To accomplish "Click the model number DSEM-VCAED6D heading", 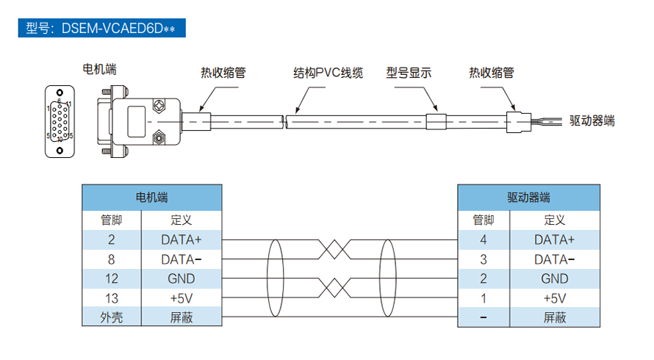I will point(100,29).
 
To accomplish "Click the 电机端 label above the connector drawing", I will point(100,69).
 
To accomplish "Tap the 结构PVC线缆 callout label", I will point(328,73).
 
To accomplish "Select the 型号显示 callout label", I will point(409,73).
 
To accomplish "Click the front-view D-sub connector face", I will point(60,120).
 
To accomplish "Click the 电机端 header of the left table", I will point(151,198).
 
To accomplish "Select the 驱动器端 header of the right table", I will point(529,198).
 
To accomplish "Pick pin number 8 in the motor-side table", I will point(111,259).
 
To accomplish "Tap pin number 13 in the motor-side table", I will point(111,298).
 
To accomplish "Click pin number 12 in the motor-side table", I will point(111,278).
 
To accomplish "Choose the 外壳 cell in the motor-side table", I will point(111,317).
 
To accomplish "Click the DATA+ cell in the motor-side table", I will point(181,240).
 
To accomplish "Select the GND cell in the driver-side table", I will point(554,278).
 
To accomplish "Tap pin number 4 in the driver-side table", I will point(483,240).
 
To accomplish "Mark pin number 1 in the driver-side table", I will point(483,298).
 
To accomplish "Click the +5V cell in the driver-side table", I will point(554,298).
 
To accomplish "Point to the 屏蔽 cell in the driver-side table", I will point(554,317).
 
